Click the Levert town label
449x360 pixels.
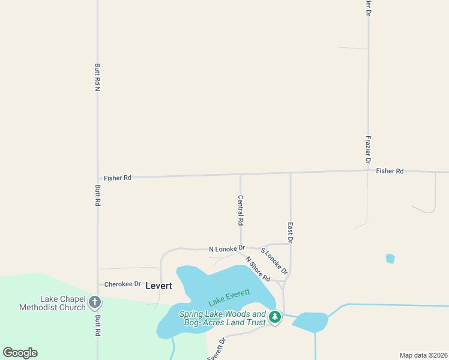coord(158,286)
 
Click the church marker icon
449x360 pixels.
coord(94,302)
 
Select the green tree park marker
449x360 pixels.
coord(275,316)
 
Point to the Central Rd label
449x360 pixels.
coord(241,210)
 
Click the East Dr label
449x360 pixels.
coord(291,232)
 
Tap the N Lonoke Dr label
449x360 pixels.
coord(227,248)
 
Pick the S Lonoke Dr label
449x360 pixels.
coord(274,261)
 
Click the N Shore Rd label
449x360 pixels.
coord(258,269)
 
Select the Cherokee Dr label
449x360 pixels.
coord(122,284)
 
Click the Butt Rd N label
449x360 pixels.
coord(97,77)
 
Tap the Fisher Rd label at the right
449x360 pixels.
coord(390,171)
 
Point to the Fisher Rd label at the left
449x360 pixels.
coord(117,178)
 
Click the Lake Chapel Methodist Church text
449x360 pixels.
coord(52,304)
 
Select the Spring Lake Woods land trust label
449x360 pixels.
coord(222,318)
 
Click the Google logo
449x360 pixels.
coord(20,353)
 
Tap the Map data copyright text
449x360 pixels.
coord(423,355)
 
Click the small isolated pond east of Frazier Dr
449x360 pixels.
coord(390,259)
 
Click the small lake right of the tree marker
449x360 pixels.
coord(310,322)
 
